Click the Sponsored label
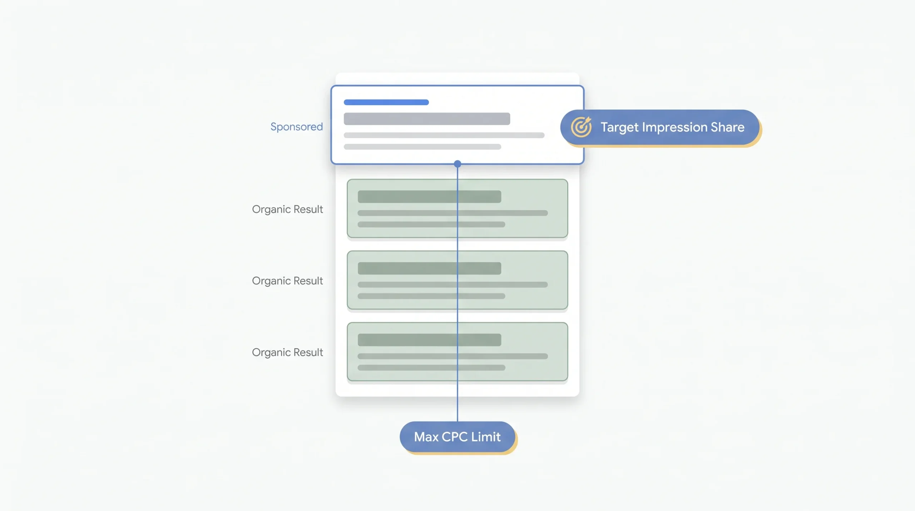point(296,127)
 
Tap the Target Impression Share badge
point(660,127)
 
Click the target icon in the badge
point(581,127)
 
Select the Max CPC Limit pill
point(457,437)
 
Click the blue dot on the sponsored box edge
point(457,164)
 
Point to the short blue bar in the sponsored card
point(386,102)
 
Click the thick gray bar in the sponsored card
point(427,119)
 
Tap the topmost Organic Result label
point(287,209)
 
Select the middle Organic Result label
point(287,281)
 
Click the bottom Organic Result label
point(287,352)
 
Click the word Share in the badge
point(727,127)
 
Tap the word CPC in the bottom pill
point(455,437)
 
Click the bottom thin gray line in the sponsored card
point(422,147)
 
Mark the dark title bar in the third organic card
point(429,340)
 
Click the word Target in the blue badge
point(619,128)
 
